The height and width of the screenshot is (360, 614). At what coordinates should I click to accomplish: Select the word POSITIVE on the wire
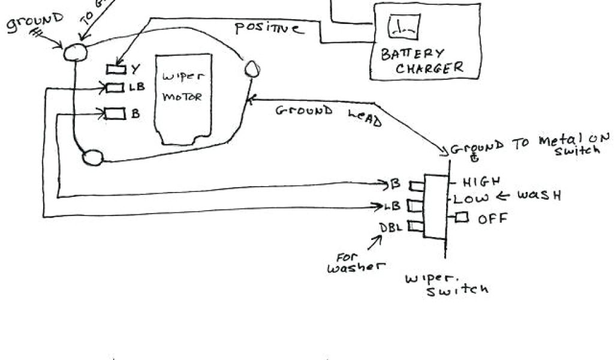(x=268, y=28)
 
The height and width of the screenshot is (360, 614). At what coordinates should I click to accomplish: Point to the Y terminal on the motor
(x=115, y=68)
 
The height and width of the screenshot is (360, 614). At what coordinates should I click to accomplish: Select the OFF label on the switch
(x=492, y=218)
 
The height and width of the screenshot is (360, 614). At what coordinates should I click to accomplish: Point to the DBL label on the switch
(x=391, y=227)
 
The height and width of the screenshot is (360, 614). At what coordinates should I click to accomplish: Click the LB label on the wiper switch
(x=393, y=206)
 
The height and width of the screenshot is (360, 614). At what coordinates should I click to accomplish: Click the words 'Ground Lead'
(x=328, y=114)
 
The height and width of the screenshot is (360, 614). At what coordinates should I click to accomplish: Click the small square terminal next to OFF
(x=461, y=217)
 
